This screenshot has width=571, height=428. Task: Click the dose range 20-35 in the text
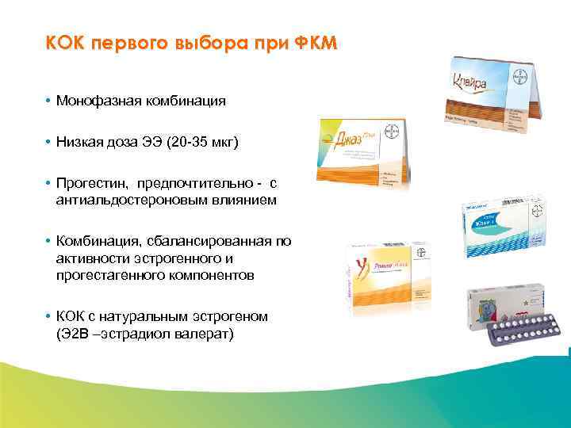[175, 143]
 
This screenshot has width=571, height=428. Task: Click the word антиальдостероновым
[126, 201]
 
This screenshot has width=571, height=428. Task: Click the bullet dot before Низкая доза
[48, 143]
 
